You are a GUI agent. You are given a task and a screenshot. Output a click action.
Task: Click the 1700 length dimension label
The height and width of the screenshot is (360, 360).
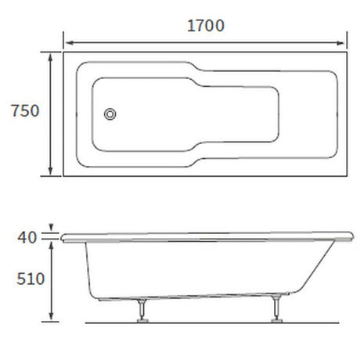(205, 25)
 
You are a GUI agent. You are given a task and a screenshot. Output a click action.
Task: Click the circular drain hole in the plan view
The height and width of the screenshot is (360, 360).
(111, 115)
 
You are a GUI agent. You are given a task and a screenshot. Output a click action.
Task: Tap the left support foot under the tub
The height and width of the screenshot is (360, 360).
(142, 315)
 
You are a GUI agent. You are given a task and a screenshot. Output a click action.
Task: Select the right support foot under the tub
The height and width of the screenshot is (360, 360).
(276, 315)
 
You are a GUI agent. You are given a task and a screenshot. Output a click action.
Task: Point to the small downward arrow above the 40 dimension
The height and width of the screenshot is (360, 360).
(52, 228)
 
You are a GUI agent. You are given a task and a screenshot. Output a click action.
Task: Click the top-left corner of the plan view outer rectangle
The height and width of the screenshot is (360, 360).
(63, 52)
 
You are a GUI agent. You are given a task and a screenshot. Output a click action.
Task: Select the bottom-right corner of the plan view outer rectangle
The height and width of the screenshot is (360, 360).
(347, 176)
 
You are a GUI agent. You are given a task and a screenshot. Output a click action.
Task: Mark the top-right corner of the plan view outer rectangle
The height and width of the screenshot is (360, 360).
(347, 52)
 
